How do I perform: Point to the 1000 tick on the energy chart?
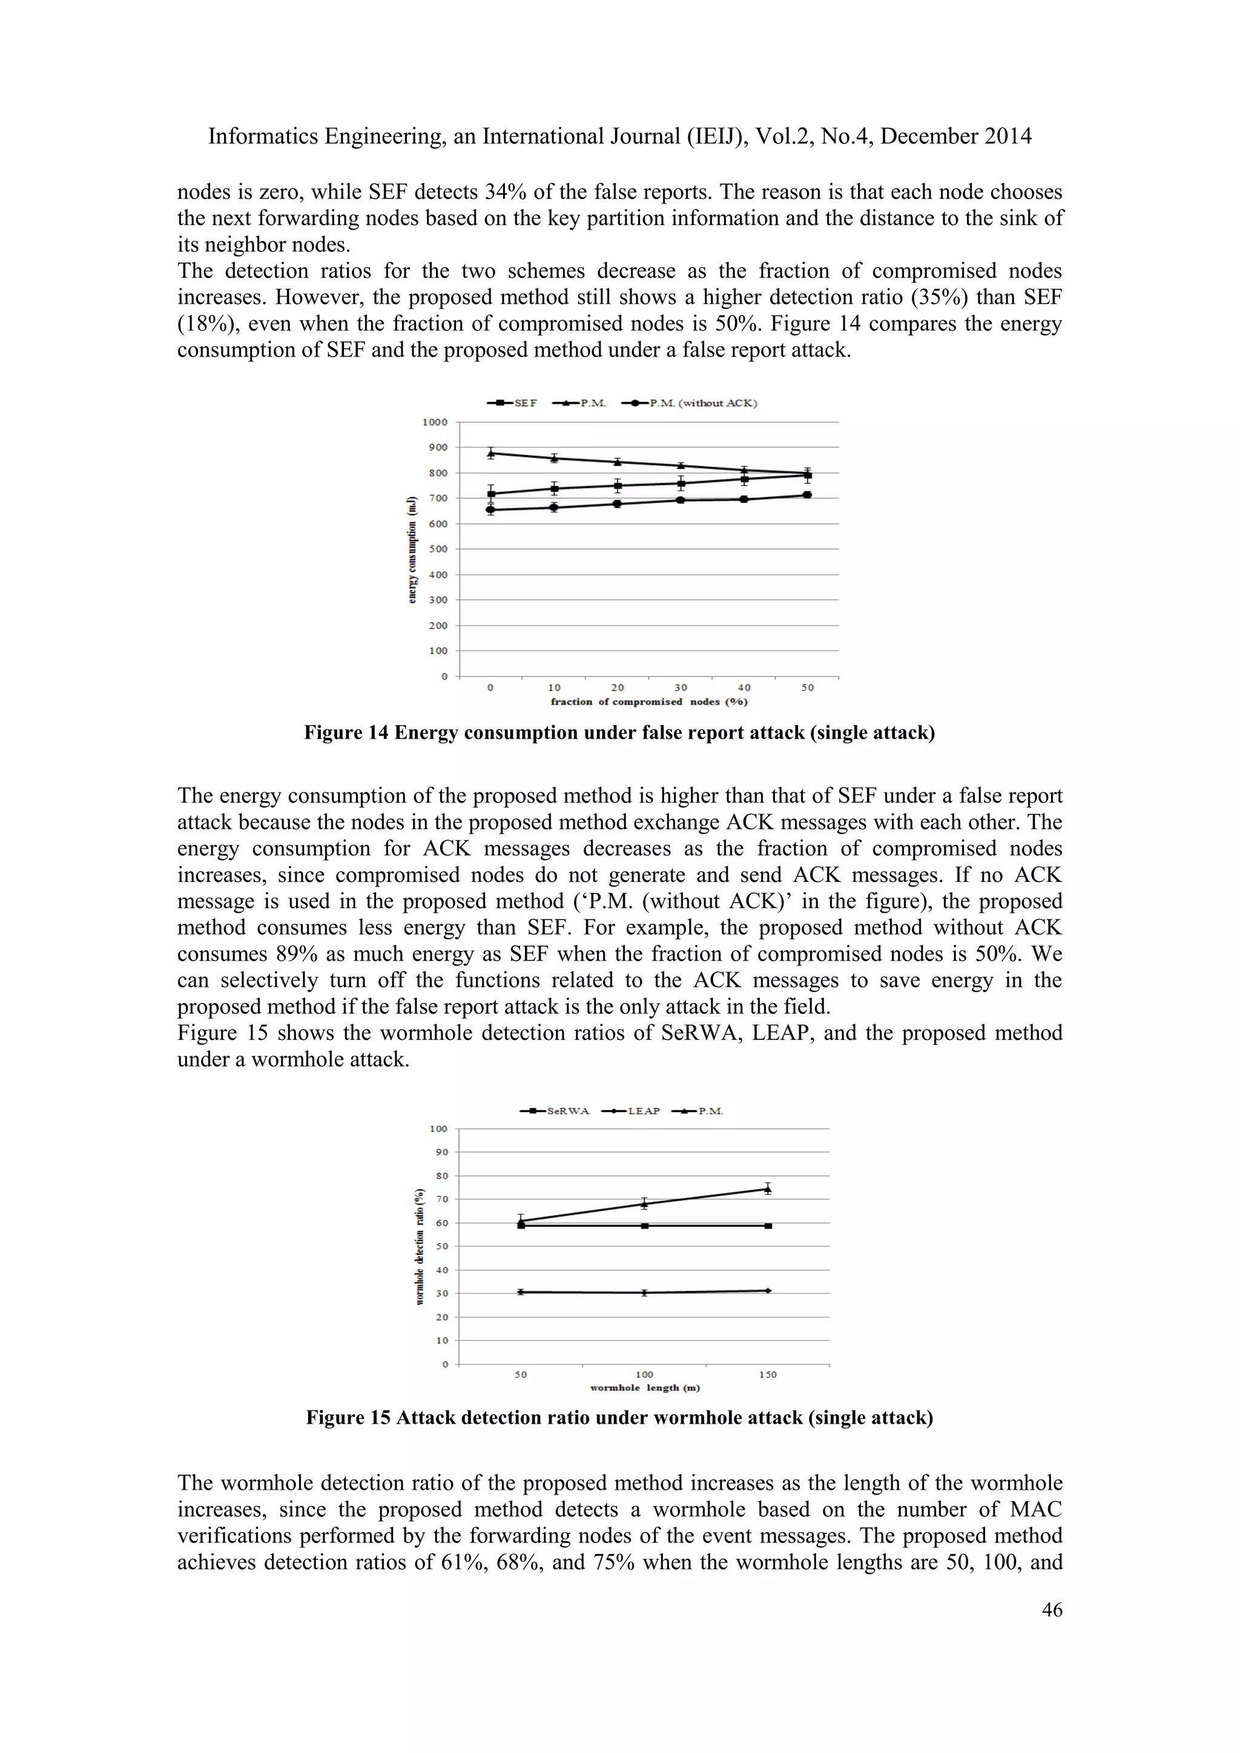(x=435, y=423)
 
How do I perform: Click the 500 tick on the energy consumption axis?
(x=438, y=549)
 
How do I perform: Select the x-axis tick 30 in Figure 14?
(x=681, y=687)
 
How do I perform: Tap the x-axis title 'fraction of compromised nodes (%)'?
(x=649, y=702)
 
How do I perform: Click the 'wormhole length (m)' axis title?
(x=644, y=1387)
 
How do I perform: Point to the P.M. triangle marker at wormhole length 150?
(x=767, y=1189)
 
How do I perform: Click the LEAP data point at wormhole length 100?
(x=644, y=1292)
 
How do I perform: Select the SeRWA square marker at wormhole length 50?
(x=521, y=1225)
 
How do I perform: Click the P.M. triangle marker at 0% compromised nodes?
(x=491, y=453)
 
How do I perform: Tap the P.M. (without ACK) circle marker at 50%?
(x=807, y=495)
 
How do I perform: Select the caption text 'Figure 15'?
(x=348, y=1418)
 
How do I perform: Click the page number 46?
(x=1052, y=1610)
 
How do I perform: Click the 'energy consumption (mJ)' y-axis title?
(x=413, y=550)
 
